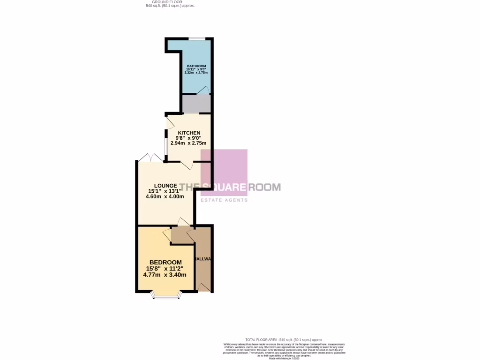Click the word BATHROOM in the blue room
click(196, 66)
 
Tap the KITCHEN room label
click(189, 133)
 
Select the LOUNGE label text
click(163, 186)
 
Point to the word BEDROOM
click(165, 262)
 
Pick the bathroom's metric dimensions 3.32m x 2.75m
click(196, 73)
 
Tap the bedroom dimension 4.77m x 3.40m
click(161, 275)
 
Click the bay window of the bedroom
click(166, 295)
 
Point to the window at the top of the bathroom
click(196, 38)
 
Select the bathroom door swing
click(203, 90)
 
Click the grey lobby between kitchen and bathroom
click(196, 104)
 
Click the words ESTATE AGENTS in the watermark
click(224, 200)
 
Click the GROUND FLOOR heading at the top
click(170, 2)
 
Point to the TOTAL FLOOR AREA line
click(284, 339)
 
